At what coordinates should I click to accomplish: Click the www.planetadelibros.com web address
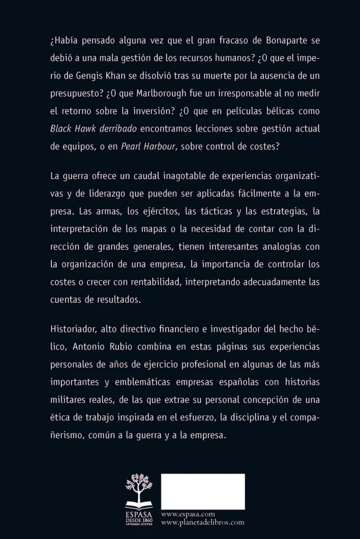[202, 522]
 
